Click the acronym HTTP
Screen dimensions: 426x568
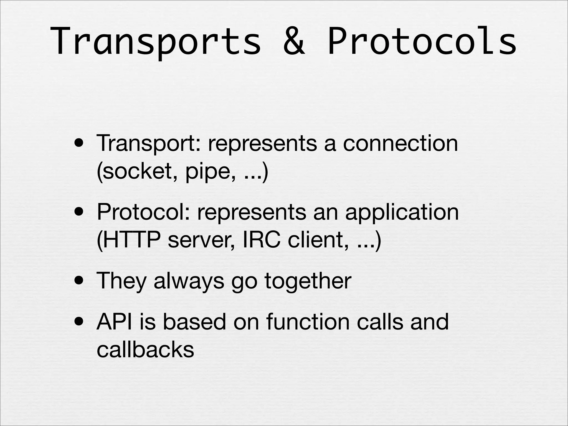(x=133, y=240)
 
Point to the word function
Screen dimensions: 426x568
(x=308, y=322)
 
